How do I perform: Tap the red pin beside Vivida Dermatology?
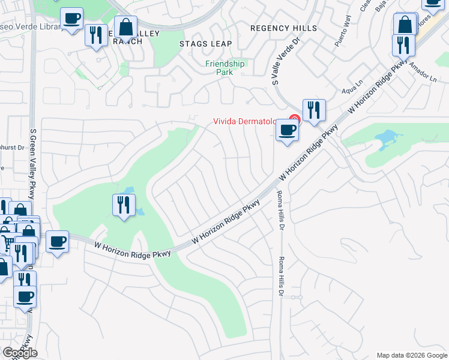[x=294, y=119]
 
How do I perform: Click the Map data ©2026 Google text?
[x=411, y=355]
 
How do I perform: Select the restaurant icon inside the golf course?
[x=124, y=205]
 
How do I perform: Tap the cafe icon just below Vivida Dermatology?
[x=287, y=130]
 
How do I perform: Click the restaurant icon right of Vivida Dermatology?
[x=314, y=110]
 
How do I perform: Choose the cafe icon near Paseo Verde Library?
[x=73, y=19]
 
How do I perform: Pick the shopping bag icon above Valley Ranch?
[x=125, y=27]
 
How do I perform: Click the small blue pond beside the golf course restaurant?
[x=139, y=212]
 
